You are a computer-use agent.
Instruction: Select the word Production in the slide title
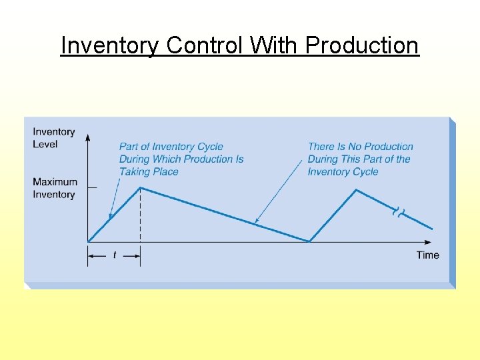pyautogui.click(x=362, y=45)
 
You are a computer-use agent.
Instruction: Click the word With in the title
pyautogui.click(x=275, y=45)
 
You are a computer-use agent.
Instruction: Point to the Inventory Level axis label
pyautogui.click(x=54, y=138)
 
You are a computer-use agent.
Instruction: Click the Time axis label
pyautogui.click(x=428, y=255)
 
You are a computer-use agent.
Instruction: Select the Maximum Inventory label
pyautogui.click(x=55, y=188)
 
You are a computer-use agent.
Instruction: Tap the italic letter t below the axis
pyautogui.click(x=114, y=255)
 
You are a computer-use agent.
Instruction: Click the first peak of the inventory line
pyautogui.click(x=140, y=188)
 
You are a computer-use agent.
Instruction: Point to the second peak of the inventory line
pyautogui.click(x=357, y=190)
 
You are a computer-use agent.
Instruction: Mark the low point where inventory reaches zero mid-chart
pyautogui.click(x=309, y=241)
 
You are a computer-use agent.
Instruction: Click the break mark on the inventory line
pyautogui.click(x=399, y=213)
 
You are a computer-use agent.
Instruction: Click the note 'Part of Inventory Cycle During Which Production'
pyautogui.click(x=181, y=159)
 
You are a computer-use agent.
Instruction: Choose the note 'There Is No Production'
pyautogui.click(x=360, y=159)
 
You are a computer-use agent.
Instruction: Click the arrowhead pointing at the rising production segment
pyautogui.click(x=110, y=218)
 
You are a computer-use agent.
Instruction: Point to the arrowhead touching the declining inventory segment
pyautogui.click(x=257, y=221)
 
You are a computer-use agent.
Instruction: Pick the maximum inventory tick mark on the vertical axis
pyautogui.click(x=92, y=188)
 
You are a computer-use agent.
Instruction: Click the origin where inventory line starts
pyautogui.click(x=88, y=241)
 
